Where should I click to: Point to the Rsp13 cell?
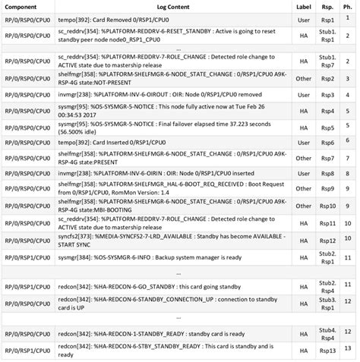(x=328, y=351)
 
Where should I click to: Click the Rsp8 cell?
(x=328, y=174)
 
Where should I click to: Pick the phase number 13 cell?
(x=348, y=351)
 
